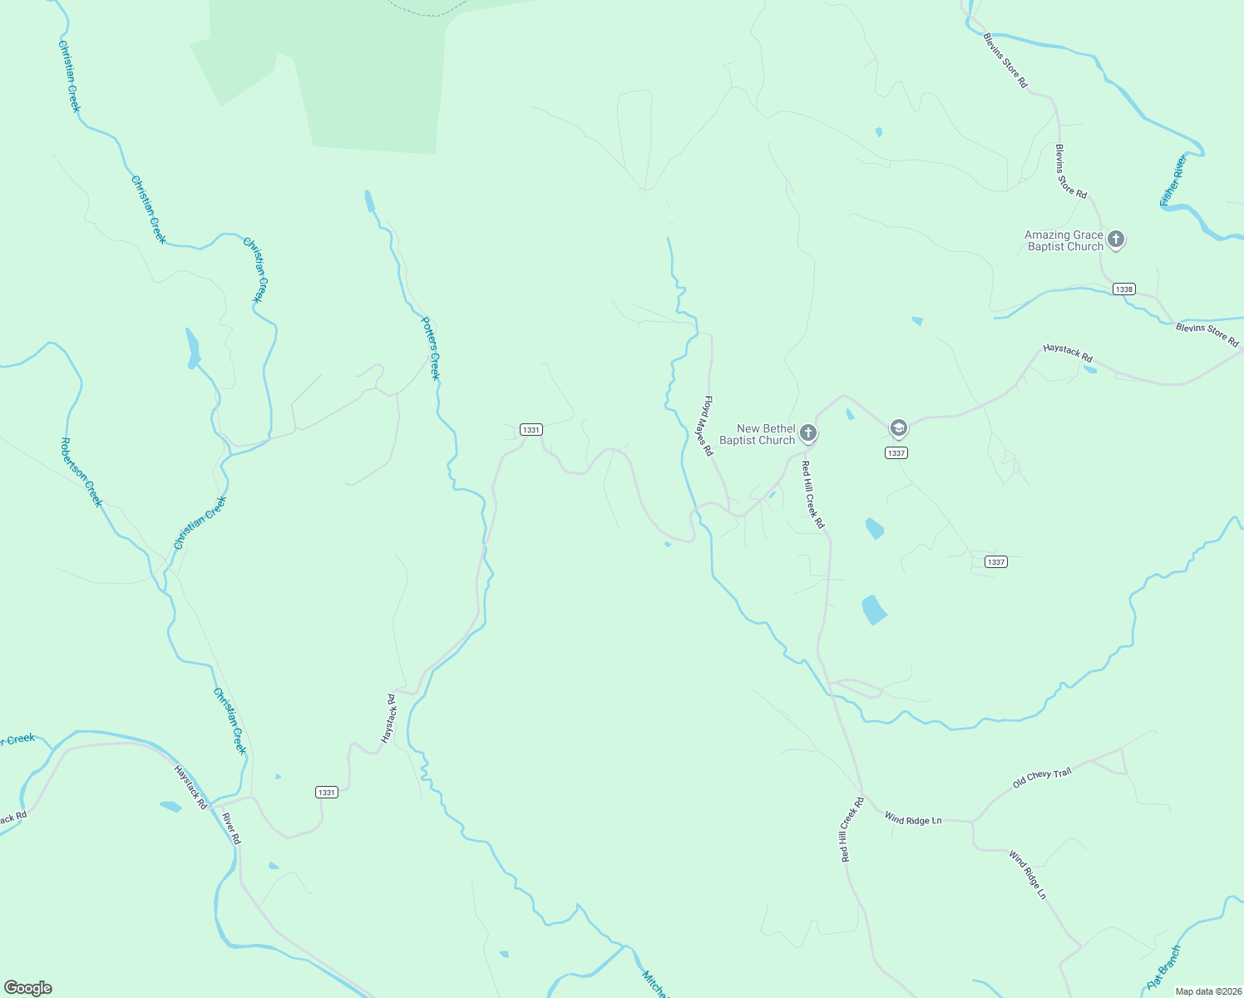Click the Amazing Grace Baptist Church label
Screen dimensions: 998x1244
tap(1064, 240)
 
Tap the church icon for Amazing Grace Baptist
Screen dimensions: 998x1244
tap(1116, 240)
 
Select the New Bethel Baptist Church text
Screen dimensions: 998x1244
tap(757, 434)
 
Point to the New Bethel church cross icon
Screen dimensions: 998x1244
tap(808, 433)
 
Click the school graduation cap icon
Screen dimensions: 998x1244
tap(898, 429)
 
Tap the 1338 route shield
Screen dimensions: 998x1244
tap(1123, 289)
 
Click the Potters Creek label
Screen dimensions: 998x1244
tap(430, 348)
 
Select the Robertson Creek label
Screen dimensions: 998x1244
tap(81, 472)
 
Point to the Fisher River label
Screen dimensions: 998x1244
tap(1173, 180)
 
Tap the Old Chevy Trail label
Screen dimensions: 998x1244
tap(1042, 778)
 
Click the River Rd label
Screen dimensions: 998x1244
tap(231, 828)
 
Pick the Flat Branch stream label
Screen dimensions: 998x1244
tap(1163, 967)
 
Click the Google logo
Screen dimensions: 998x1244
tap(28, 988)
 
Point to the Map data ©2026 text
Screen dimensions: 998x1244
tap(1207, 991)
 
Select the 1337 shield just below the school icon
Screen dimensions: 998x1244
tap(896, 453)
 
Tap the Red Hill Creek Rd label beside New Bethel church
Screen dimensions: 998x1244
tap(812, 495)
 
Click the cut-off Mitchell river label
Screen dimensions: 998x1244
tap(654, 984)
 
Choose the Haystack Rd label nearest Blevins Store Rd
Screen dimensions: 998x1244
tap(1068, 353)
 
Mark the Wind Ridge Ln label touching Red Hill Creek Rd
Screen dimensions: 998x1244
tap(913, 819)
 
